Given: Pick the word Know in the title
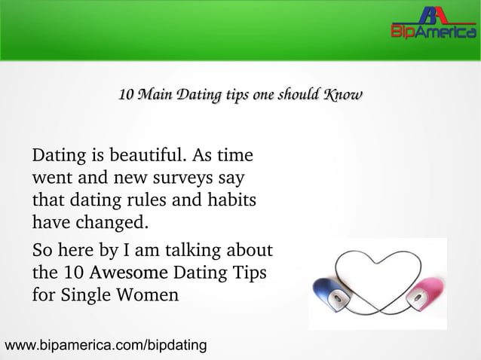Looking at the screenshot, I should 342,96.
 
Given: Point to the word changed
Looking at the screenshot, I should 110,224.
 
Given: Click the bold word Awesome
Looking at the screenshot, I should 131,270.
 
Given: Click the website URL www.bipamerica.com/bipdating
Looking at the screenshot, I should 106,346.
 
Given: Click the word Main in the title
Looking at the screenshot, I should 157,96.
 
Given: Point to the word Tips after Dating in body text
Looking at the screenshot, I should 247,270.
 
